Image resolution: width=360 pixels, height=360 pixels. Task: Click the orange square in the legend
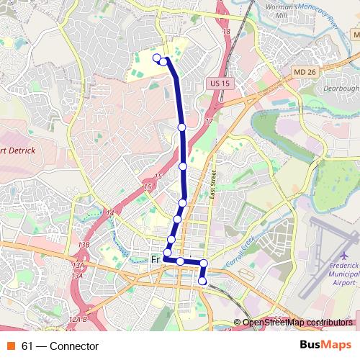point(12,346)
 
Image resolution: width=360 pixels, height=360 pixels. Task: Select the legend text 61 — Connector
point(60,346)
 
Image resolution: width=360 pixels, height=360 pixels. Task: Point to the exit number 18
point(227,32)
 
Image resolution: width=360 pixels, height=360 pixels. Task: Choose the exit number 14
point(109,213)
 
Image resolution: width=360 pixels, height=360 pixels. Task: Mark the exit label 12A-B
point(77,319)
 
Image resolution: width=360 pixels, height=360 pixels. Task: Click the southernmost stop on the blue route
point(203,281)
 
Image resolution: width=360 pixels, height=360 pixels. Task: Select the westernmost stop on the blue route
point(157,58)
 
